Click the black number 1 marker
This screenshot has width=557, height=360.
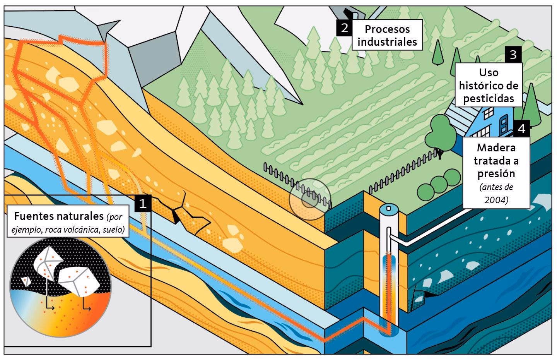point(143,203)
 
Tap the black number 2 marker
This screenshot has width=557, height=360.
point(343,28)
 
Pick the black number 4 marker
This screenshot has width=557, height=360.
point(522,129)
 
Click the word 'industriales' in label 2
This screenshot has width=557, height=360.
point(387,42)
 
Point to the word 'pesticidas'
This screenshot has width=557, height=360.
point(489,98)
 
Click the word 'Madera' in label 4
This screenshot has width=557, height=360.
point(496,147)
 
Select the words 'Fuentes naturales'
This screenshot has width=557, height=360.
point(58,216)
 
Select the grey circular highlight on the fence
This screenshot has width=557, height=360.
point(309,200)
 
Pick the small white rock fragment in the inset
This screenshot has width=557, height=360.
point(26,281)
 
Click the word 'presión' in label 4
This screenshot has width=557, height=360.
point(496,173)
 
